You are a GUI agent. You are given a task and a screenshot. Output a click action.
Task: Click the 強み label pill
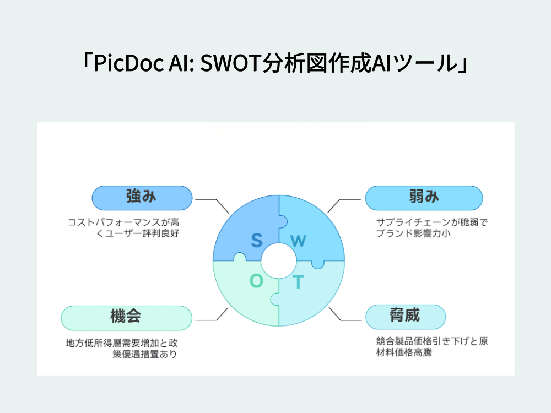click(142, 198)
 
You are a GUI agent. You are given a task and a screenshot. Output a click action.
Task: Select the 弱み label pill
click(424, 198)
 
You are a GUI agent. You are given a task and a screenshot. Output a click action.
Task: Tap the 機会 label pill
click(127, 318)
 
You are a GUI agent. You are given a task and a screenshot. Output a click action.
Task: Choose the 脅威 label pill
click(406, 317)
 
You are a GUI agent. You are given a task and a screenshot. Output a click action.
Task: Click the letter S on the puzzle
click(257, 240)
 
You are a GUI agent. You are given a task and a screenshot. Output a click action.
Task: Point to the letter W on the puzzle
click(298, 241)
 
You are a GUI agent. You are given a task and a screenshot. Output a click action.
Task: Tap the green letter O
click(256, 281)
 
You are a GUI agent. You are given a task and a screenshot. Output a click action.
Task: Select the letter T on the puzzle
click(298, 281)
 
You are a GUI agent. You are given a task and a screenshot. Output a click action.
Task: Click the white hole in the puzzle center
click(279, 260)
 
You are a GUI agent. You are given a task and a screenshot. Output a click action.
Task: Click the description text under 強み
click(123, 227)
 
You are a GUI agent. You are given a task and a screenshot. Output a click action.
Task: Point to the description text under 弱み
click(432, 227)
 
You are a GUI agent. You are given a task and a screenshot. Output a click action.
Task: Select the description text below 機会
click(122, 349)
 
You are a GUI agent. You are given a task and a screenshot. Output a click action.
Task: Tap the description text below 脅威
click(432, 346)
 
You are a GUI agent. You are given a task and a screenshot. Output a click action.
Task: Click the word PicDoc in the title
click(128, 63)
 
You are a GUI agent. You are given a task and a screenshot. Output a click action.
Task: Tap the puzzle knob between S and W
click(283, 222)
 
